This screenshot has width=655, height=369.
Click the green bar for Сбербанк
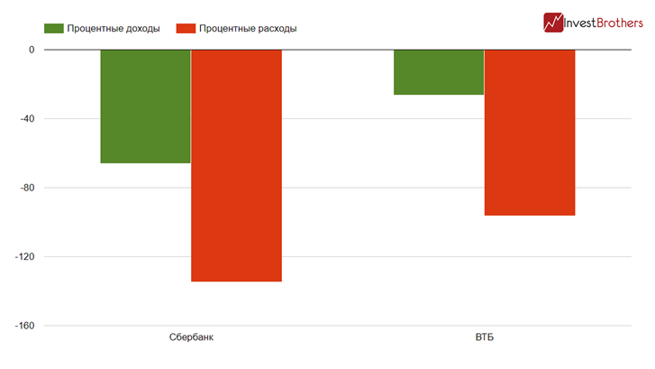tap(145, 106)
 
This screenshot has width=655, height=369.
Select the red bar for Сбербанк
tap(236, 165)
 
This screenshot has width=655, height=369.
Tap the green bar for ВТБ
tap(439, 72)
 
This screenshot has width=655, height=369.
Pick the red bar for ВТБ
tap(530, 133)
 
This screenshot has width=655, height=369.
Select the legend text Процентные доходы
tap(114, 28)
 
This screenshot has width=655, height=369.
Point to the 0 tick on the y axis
tap(31, 50)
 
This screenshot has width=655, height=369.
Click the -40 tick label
tap(25, 119)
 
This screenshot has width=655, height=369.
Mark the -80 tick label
tap(25, 188)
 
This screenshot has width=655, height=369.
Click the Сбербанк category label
tap(191, 338)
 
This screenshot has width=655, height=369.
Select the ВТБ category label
tap(485, 338)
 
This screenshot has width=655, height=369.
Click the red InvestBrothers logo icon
tap(553, 22)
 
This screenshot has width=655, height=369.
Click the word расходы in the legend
tap(276, 28)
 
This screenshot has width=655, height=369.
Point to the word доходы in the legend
tap(140, 28)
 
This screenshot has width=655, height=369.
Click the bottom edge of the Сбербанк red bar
tap(236, 281)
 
